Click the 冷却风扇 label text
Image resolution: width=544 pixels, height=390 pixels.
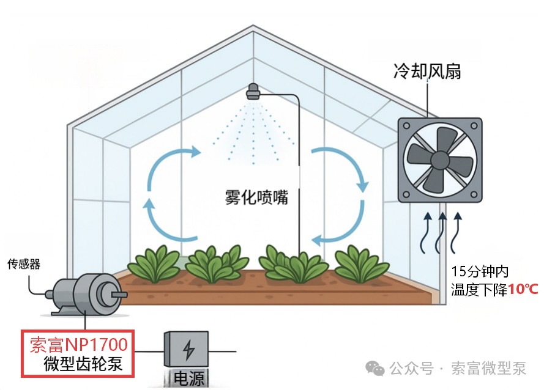click(x=427, y=72)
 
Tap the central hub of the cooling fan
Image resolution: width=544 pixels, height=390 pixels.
click(x=440, y=160)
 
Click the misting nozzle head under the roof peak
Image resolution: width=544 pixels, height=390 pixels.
click(x=253, y=92)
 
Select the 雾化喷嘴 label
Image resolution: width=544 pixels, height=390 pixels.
click(x=257, y=197)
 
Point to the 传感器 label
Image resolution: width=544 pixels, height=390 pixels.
click(x=24, y=264)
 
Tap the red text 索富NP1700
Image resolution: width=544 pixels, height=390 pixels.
click(x=79, y=345)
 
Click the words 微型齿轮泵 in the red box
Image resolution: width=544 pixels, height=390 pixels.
click(x=83, y=364)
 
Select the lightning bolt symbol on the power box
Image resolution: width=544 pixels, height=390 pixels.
click(x=188, y=350)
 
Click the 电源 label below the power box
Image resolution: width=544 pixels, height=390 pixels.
click(x=188, y=378)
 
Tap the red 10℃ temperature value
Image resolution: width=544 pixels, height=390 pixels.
click(x=523, y=289)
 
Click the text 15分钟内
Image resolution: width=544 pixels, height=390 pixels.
click(x=480, y=271)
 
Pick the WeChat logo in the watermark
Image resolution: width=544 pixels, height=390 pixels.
click(x=375, y=368)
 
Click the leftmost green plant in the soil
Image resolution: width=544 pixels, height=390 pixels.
click(x=154, y=263)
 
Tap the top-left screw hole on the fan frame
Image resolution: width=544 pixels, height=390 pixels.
click(x=406, y=126)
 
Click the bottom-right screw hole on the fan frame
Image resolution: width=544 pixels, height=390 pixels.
click(x=474, y=194)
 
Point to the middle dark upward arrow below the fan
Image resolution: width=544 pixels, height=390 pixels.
click(x=441, y=233)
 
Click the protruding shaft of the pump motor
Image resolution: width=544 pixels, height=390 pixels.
click(x=119, y=295)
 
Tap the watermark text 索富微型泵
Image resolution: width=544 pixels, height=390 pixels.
click(x=488, y=368)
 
